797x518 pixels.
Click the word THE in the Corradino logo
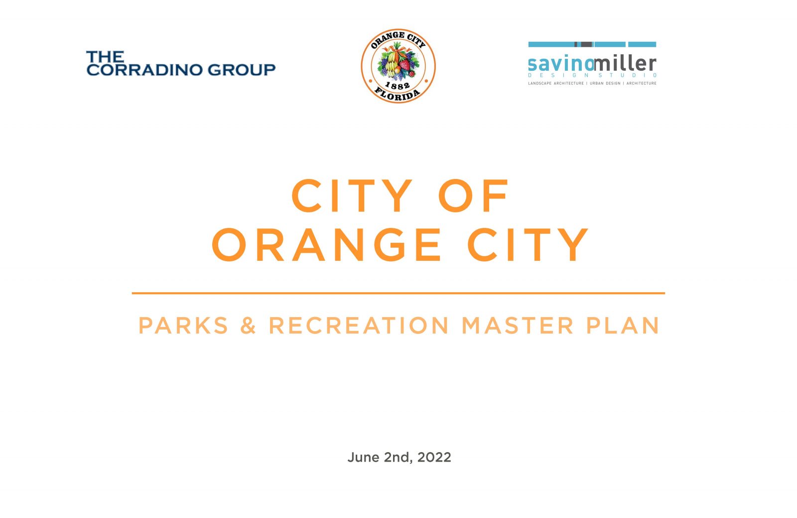(105, 56)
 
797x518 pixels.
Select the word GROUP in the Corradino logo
(242, 69)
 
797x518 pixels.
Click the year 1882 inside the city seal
(398, 85)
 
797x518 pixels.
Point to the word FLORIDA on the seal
(398, 94)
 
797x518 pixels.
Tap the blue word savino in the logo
(561, 64)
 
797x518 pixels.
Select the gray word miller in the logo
(625, 63)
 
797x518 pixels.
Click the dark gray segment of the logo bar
(583, 44)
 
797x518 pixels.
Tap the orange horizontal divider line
(398, 293)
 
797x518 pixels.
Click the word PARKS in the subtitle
(183, 326)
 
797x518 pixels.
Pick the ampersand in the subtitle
(248, 326)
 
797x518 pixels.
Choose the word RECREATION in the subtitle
(359, 326)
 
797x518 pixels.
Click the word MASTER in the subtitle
(518, 326)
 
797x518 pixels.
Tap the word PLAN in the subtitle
(623, 326)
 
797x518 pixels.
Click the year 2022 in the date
(434, 457)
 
